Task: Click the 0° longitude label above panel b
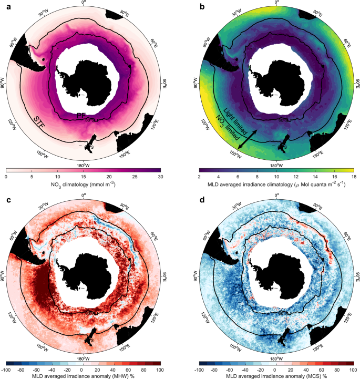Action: tap(277, 3)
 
